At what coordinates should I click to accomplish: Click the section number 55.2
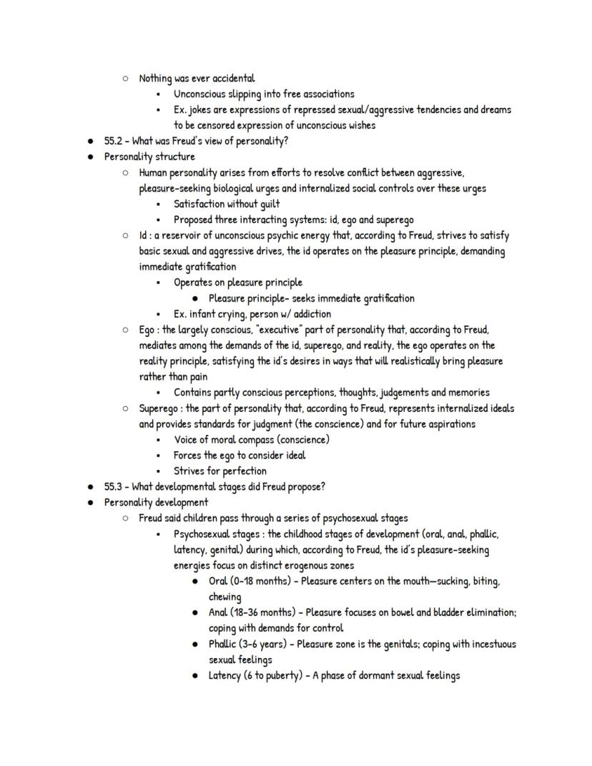click(114, 141)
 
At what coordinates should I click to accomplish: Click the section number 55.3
click(114, 487)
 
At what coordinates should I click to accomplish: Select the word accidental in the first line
click(234, 78)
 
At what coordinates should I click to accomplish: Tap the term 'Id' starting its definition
click(143, 235)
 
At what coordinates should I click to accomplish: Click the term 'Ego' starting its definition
click(147, 330)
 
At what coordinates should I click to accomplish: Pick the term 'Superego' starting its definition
click(157, 408)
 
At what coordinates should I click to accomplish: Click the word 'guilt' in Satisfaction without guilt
click(266, 204)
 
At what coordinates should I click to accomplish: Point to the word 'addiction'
click(310, 314)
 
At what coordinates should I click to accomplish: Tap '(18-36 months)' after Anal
click(262, 613)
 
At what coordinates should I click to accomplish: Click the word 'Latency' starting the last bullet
click(225, 676)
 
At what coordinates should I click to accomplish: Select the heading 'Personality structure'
click(149, 157)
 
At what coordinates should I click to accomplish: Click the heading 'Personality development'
click(156, 503)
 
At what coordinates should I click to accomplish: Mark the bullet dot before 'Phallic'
click(195, 644)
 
